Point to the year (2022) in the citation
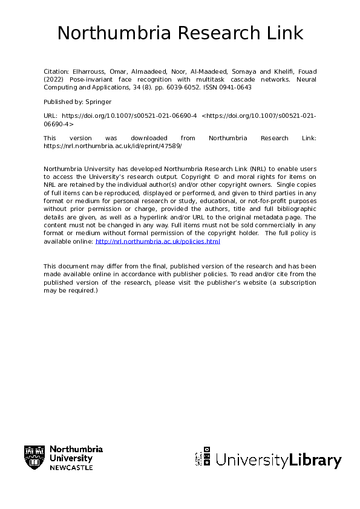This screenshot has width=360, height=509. pyautogui.click(x=53, y=79)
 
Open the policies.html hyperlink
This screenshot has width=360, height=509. pyautogui.click(x=158, y=241)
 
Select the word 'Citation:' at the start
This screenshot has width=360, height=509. pyautogui.click(x=58, y=71)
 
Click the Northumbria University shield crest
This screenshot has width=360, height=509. pyautogui.click(x=34, y=457)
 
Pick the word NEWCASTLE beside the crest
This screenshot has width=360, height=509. pyautogui.click(x=71, y=468)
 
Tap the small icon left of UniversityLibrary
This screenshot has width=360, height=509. pyautogui.click(x=203, y=457)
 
